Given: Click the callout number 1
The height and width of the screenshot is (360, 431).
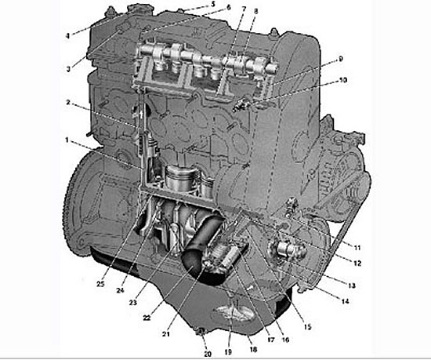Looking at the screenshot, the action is click(67, 140).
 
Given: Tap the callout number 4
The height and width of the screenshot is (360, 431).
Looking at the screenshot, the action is click(67, 36).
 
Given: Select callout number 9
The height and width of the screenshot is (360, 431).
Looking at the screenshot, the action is click(341, 60).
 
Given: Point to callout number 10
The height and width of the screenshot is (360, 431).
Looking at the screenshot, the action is click(343, 80).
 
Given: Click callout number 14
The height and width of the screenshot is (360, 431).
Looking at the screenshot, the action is click(345, 301).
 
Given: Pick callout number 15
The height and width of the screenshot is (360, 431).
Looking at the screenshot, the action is click(307, 327).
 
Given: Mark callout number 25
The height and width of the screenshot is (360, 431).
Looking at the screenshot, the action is click(100, 284).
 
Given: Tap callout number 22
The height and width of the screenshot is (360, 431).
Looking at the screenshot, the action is click(147, 318).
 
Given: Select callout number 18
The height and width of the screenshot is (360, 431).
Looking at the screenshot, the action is click(252, 349).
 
